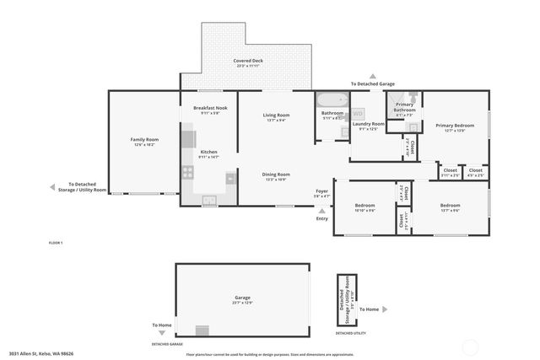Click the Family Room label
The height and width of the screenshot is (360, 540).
click(144, 141)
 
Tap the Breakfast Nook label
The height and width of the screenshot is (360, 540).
click(209, 110)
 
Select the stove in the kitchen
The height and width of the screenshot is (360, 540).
click(187, 172)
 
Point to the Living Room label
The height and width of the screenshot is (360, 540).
click(276, 116)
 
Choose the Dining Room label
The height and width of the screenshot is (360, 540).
click(276, 175)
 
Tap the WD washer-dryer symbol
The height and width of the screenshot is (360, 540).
click(358, 113)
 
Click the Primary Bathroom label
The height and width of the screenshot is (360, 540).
click(404, 107)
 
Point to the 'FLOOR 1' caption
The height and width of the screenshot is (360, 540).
click(56, 243)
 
